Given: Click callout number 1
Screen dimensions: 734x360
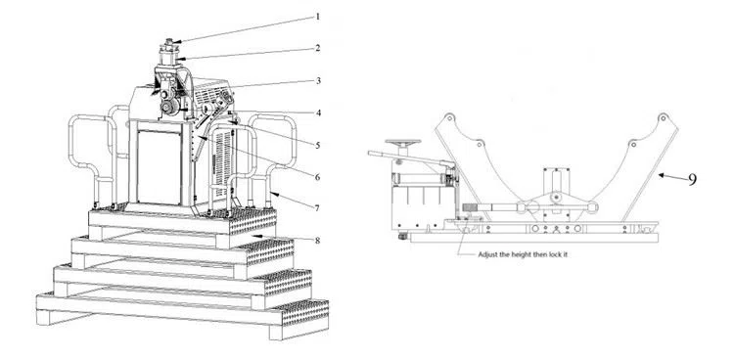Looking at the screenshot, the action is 318,17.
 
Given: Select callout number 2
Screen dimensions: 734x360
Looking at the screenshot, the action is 318,48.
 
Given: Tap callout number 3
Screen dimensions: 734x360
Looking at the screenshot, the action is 318,80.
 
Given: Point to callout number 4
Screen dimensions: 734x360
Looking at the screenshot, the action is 318,112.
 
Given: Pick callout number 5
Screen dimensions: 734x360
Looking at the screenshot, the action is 318,145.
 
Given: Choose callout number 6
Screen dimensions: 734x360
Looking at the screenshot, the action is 317,177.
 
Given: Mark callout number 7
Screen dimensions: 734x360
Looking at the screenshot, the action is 317,207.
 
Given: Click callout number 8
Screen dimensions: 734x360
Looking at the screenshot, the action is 317,241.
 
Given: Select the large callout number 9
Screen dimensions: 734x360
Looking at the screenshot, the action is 692,180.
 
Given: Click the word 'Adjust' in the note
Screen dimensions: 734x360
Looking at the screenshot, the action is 487,255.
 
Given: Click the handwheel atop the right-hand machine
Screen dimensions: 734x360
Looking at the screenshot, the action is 403,142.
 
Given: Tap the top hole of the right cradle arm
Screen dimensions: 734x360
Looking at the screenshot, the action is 663,116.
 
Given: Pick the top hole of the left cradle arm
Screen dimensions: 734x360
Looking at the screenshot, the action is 449,116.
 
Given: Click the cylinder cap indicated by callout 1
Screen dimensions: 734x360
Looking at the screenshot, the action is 169,42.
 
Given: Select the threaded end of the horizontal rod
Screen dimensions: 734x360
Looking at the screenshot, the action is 470,207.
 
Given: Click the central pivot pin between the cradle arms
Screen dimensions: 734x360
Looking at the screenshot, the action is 555,198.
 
